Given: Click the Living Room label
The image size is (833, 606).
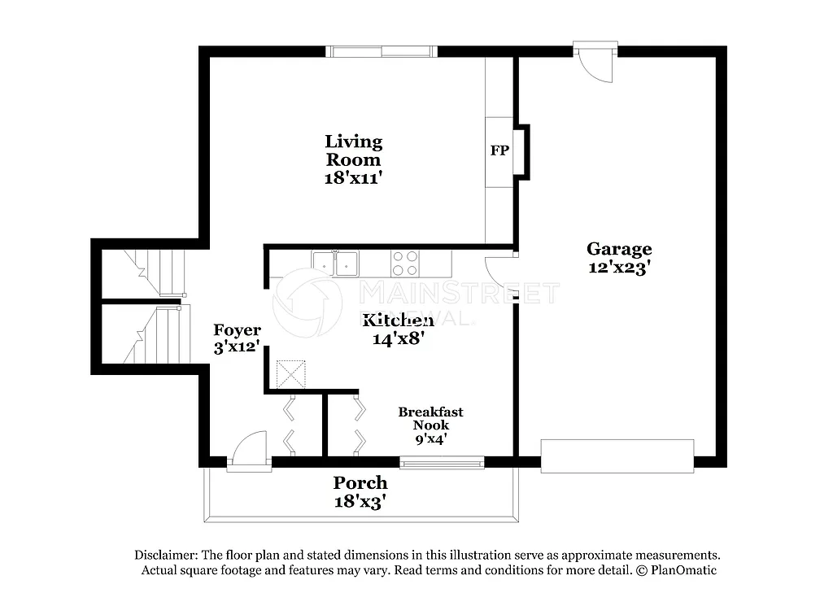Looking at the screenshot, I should pyautogui.click(x=353, y=150).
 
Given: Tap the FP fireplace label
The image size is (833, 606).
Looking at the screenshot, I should pyautogui.click(x=499, y=150).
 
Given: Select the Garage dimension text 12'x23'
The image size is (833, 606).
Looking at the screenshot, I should pyautogui.click(x=619, y=268).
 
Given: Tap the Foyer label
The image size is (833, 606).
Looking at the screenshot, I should pyautogui.click(x=237, y=330).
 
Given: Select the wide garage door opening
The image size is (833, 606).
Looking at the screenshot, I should pyautogui.click(x=617, y=456).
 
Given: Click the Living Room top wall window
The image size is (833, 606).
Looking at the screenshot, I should pyautogui.click(x=382, y=52).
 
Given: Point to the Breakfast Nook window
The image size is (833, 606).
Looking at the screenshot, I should pyautogui.click(x=442, y=463).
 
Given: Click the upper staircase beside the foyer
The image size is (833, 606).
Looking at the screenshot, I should pyautogui.click(x=155, y=272).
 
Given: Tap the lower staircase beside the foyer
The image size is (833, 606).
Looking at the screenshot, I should pyautogui.click(x=155, y=335).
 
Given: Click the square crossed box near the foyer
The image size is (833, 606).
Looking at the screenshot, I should pyautogui.click(x=290, y=374).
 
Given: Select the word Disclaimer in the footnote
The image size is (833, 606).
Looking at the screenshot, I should pyautogui.click(x=165, y=555).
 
